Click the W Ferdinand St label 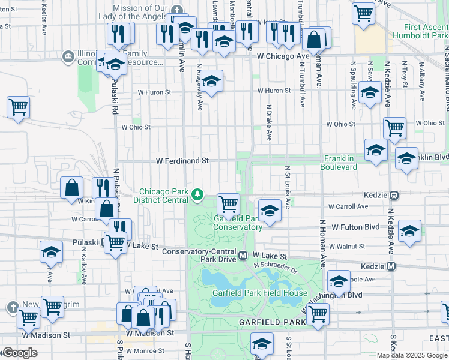182,161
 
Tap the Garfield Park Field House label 259,293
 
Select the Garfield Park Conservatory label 238,223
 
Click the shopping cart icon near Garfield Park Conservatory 228,204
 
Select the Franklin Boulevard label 340,163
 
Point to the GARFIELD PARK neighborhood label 273,322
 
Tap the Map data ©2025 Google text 412,355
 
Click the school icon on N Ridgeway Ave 211,81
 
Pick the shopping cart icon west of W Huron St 19,108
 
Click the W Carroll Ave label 348,206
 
